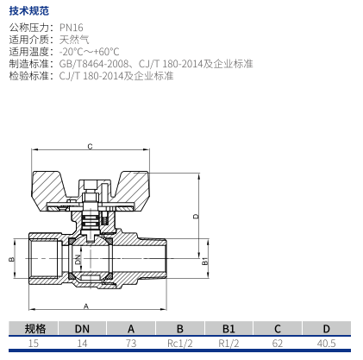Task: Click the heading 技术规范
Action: tap(29, 11)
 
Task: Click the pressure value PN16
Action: tap(72, 28)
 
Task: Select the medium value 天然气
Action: tap(74, 40)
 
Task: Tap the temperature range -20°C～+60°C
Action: tap(89, 52)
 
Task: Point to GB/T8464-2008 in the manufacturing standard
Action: tap(94, 64)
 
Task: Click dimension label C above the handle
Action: tap(90, 147)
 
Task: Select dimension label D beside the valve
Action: tap(196, 216)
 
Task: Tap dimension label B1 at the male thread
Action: tap(204, 262)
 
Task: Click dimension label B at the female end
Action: tap(11, 259)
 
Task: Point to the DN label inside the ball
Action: tap(78, 259)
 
